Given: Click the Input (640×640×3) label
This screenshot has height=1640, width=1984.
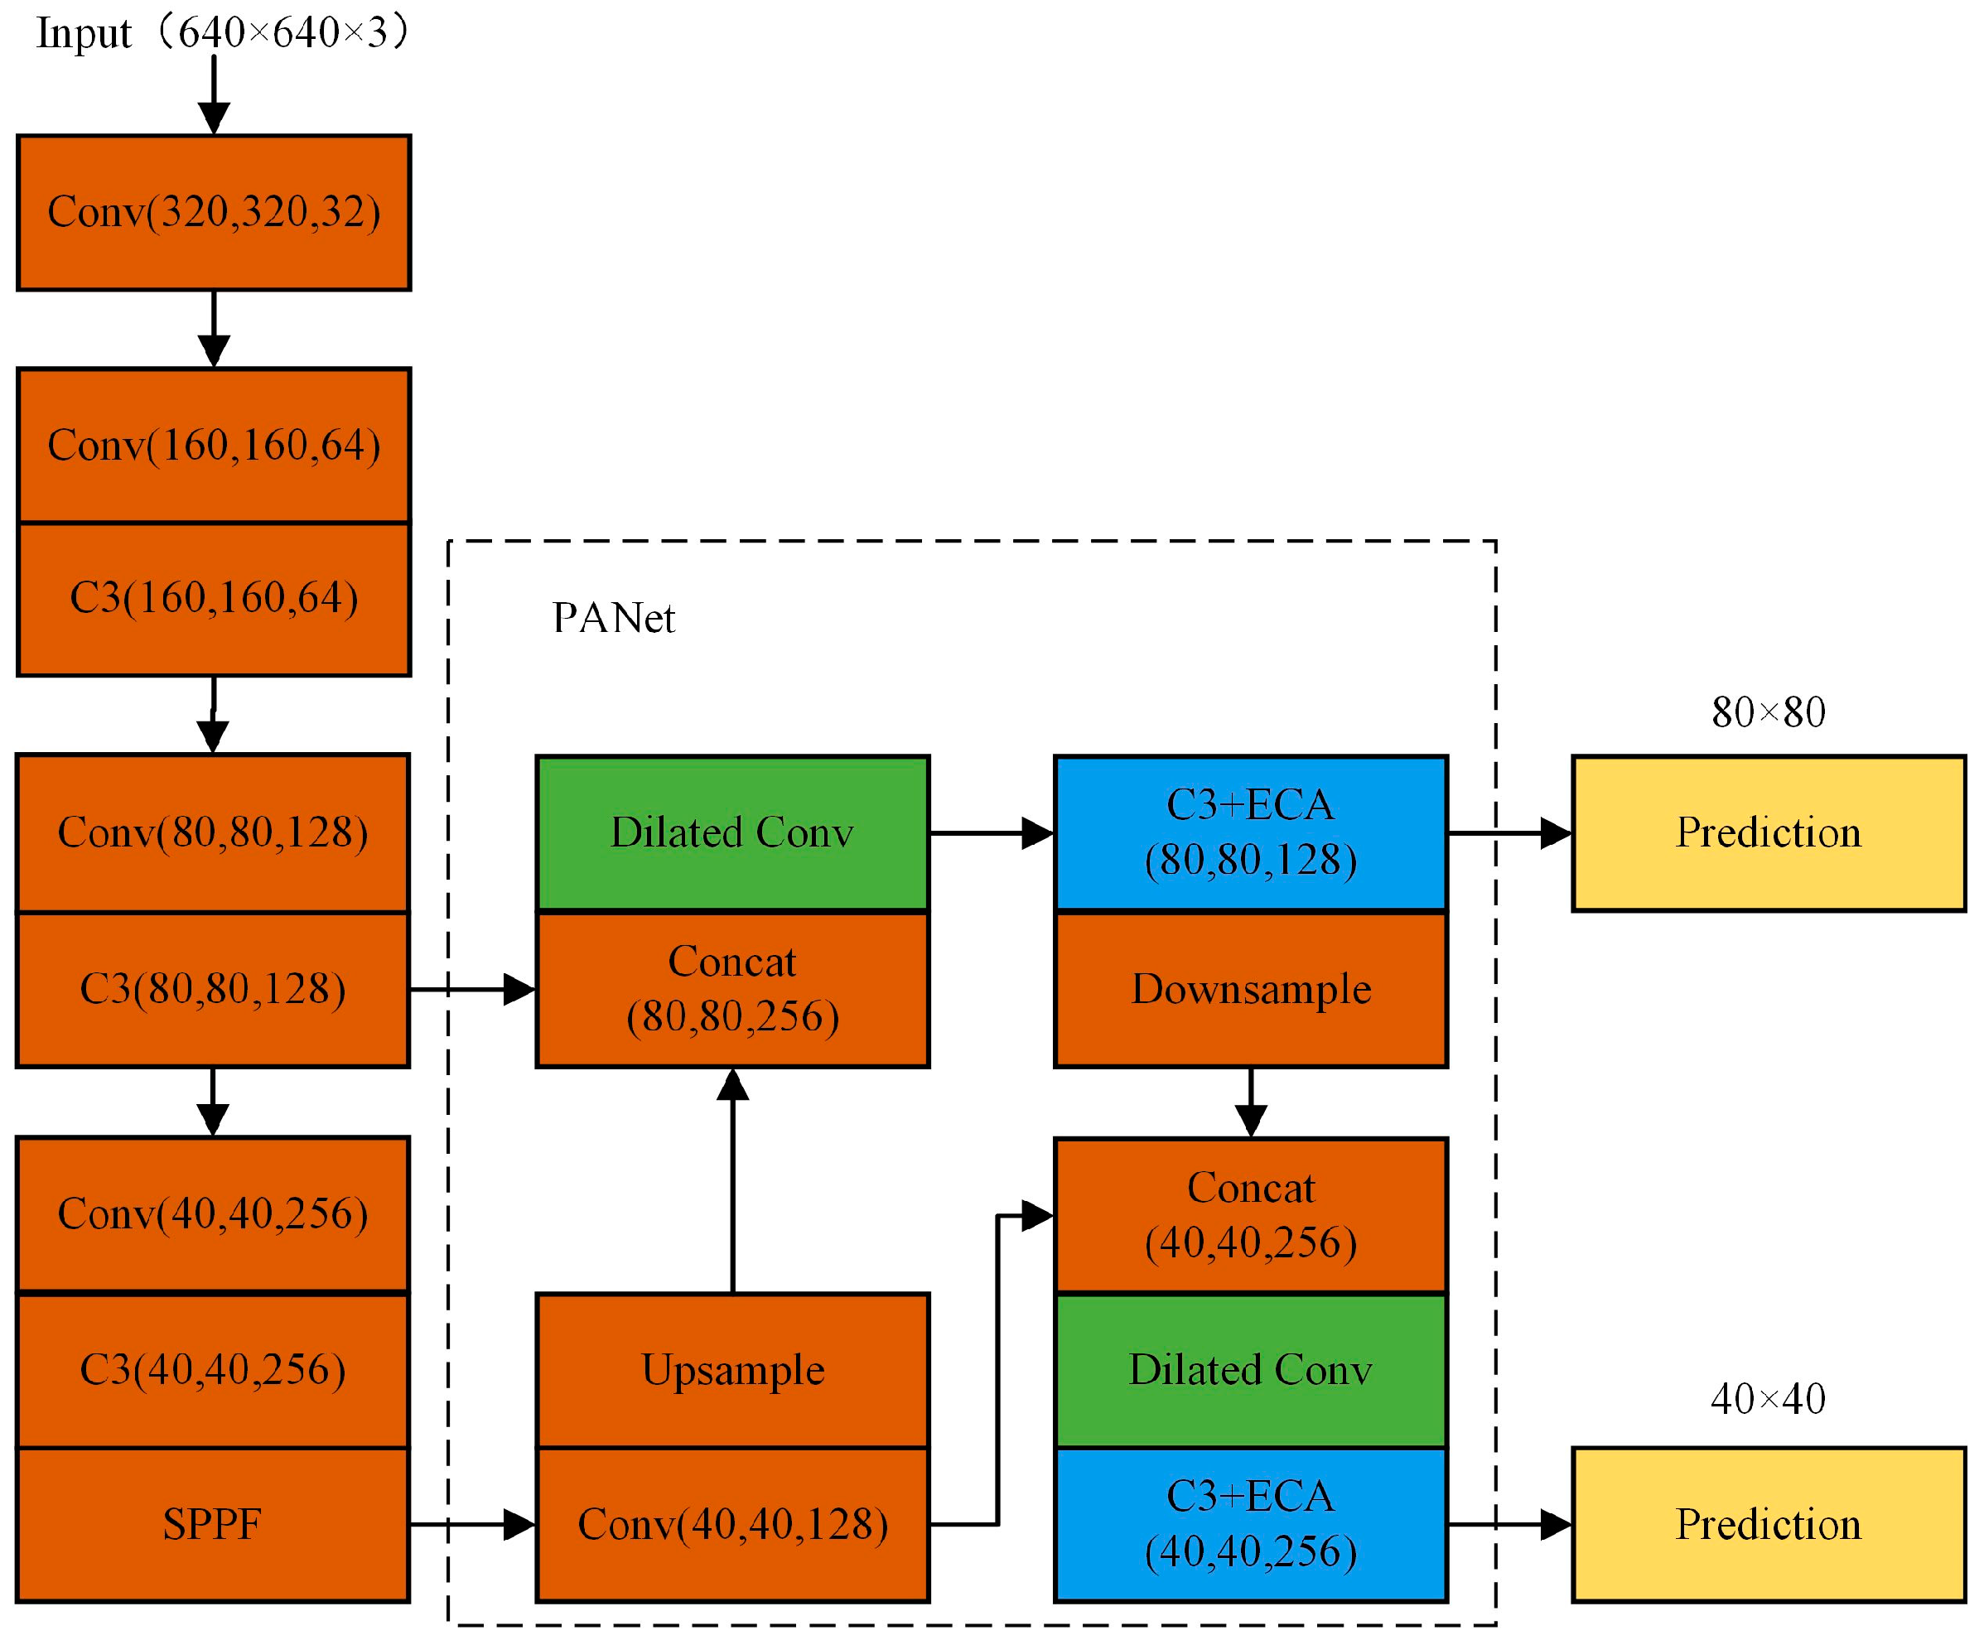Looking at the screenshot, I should click(x=222, y=33).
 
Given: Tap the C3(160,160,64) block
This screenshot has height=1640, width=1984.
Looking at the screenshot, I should click(x=214, y=599).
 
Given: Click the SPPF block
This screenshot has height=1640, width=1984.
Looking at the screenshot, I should click(x=213, y=1525).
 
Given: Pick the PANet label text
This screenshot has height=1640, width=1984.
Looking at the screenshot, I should click(x=613, y=619).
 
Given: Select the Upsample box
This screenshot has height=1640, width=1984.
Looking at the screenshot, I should click(x=732, y=1371).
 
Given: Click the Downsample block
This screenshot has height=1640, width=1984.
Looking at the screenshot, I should click(x=1250, y=990).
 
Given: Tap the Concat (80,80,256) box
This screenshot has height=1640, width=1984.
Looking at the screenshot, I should click(x=732, y=990).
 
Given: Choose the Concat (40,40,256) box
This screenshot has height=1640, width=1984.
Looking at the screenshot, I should click(x=1250, y=1216).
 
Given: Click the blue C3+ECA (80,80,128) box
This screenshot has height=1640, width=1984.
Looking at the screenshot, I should click(x=1250, y=833).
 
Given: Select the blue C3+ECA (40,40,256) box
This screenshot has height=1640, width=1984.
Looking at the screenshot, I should click(x=1250, y=1525).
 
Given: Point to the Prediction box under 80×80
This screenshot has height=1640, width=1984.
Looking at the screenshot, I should click(x=1768, y=833).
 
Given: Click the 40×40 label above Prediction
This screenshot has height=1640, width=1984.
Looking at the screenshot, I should click(x=1768, y=1399).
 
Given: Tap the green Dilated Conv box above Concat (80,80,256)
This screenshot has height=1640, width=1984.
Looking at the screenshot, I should click(x=732, y=833).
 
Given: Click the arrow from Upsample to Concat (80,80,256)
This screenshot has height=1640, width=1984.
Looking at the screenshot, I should click(x=732, y=1181).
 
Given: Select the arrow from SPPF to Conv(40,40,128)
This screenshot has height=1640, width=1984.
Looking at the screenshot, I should click(x=472, y=1525).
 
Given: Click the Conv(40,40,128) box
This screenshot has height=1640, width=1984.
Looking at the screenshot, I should click(x=732, y=1525).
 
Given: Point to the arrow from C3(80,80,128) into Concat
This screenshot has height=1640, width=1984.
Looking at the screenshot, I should click(x=472, y=990).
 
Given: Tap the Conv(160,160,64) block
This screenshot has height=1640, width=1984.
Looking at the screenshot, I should click(x=214, y=446).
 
